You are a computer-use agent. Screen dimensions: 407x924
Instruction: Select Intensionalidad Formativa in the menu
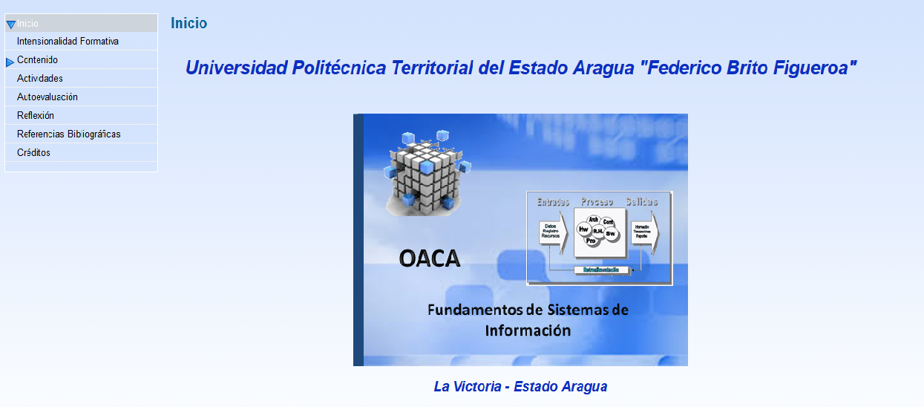68,42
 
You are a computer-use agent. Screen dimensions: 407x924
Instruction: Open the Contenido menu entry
37,60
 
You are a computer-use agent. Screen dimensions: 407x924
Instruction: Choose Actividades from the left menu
40,79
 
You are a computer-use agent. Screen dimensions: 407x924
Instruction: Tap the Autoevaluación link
47,97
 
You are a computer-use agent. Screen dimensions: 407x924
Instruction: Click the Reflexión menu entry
36,116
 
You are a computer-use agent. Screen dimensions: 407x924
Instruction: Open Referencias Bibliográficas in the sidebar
69,134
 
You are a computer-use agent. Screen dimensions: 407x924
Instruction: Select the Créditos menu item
33,153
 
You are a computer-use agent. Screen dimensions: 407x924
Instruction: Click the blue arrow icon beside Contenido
10,62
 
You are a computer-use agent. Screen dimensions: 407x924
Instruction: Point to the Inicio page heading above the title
189,23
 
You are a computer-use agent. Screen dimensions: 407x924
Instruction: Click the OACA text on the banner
429,258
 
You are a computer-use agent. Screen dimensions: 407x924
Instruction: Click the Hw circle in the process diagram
583,230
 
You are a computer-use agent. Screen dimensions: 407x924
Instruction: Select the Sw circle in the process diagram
611,233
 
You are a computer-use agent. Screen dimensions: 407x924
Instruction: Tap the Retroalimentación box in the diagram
601,270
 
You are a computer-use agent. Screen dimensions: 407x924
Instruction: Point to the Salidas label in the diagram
642,201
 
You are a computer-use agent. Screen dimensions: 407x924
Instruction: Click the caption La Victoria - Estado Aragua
520,387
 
